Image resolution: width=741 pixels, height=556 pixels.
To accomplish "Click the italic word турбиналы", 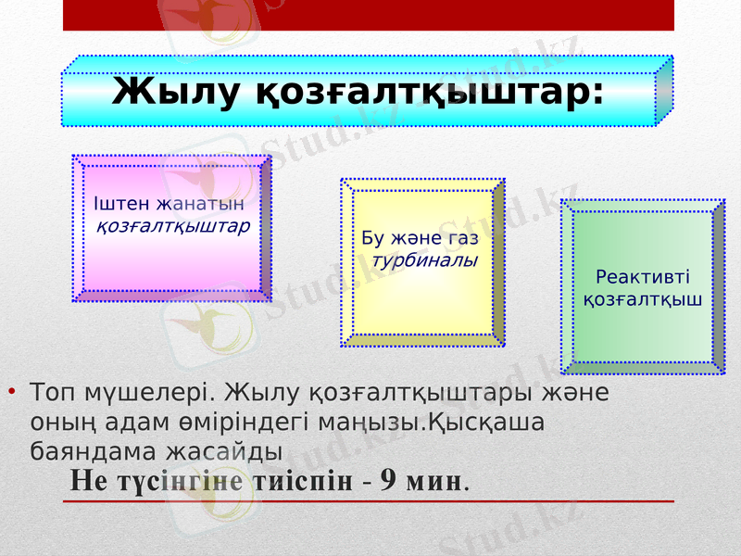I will click(x=424, y=260).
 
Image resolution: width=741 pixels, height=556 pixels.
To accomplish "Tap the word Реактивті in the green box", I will click(x=643, y=277).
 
